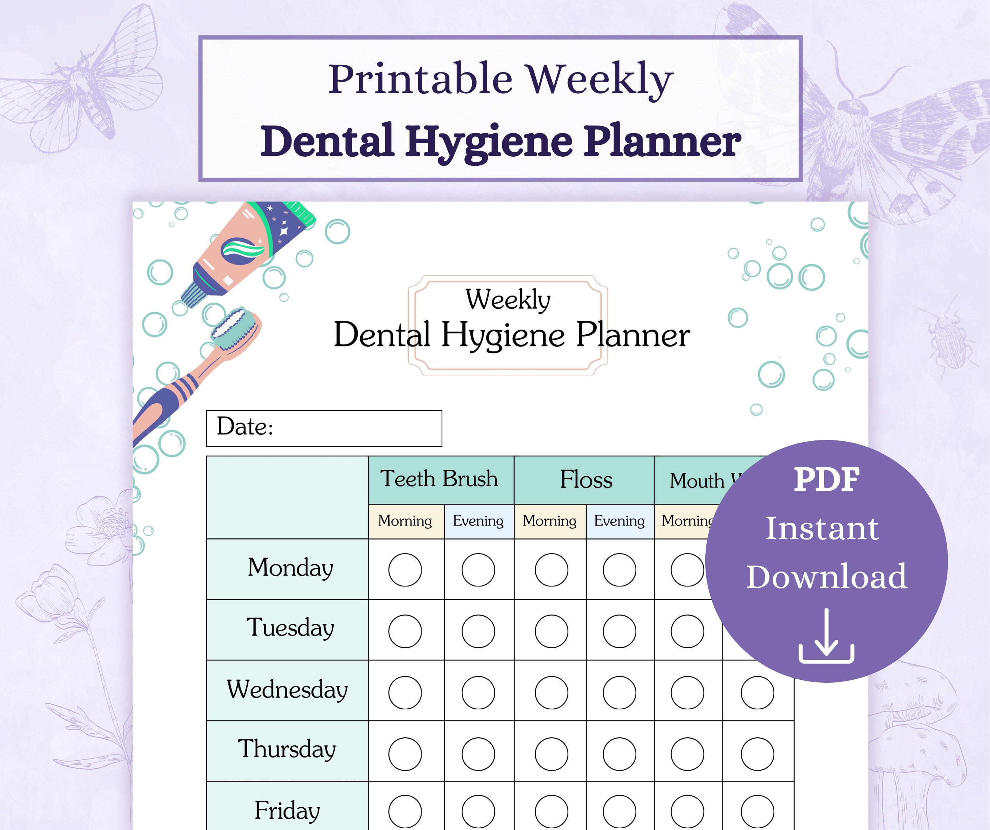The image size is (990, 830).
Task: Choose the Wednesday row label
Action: tap(287, 689)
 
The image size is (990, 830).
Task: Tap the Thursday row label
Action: tap(287, 749)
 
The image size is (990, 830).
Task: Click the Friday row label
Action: tap(287, 810)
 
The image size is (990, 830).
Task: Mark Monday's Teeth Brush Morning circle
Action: tap(405, 570)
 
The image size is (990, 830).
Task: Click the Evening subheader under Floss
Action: tap(619, 521)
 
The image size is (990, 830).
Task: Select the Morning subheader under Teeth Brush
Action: tap(405, 521)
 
